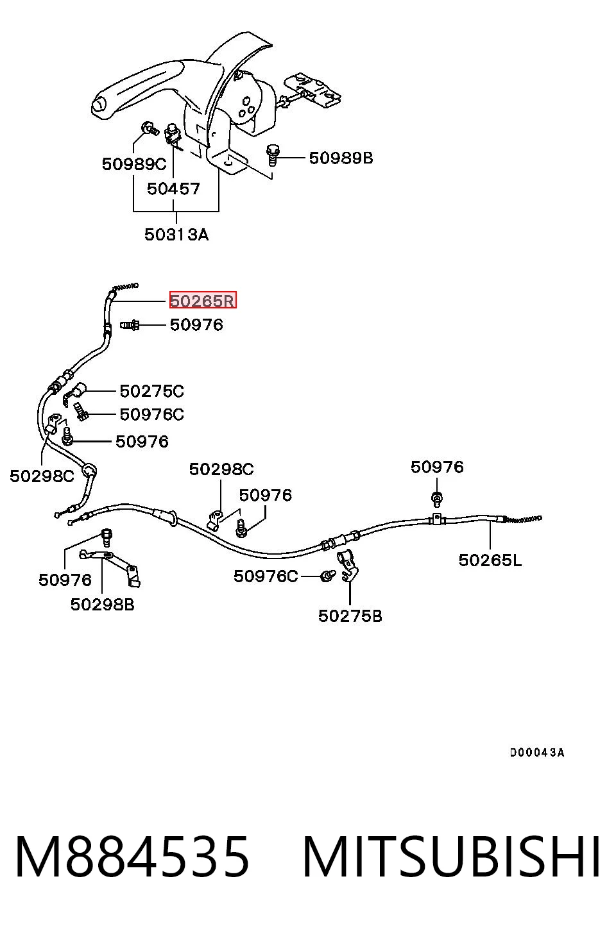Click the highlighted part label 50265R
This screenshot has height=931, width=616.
[x=203, y=300]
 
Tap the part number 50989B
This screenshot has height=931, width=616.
[x=341, y=158]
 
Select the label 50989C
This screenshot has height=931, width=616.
[x=134, y=164]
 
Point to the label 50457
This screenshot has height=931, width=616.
[x=173, y=189]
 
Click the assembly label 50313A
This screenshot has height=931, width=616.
[x=176, y=235]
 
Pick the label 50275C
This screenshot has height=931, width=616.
[x=152, y=391]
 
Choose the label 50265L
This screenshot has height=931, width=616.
[x=490, y=560]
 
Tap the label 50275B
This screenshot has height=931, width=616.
[x=350, y=616]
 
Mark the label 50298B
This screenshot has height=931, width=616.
[x=102, y=605]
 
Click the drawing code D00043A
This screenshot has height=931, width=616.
[x=537, y=752]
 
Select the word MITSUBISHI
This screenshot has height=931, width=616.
[x=451, y=857]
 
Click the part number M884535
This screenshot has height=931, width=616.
[x=132, y=857]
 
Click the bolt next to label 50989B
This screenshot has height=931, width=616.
[x=273, y=155]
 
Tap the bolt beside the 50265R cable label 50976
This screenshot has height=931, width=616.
[x=130, y=324]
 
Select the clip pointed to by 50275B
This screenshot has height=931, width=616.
[x=348, y=566]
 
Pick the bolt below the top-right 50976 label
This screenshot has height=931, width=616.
[x=437, y=499]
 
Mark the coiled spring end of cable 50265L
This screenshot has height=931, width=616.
[x=523, y=519]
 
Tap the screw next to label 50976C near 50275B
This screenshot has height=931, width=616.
[x=328, y=576]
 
